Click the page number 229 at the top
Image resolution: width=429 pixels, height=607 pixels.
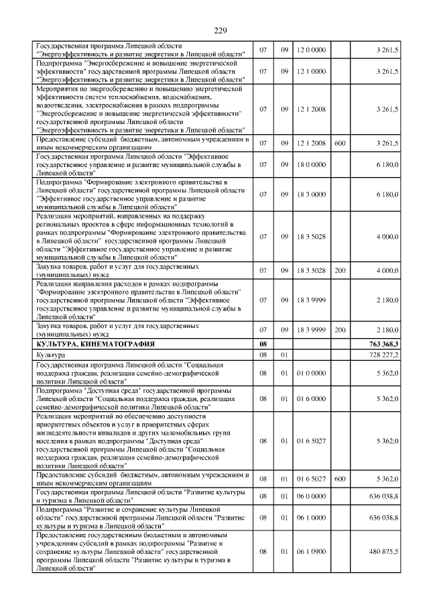tap(221, 30)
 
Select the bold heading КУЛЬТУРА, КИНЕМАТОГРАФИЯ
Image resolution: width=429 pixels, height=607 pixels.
tap(96, 343)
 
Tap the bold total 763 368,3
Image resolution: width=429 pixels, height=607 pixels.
tap(383, 343)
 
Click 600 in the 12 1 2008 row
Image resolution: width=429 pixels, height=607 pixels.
tap(340, 143)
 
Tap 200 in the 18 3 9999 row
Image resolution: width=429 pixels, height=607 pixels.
tap(340, 329)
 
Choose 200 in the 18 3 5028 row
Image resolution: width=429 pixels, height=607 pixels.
tap(340, 270)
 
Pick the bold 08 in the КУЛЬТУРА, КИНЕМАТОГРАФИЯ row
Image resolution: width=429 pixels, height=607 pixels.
tap(263, 343)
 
